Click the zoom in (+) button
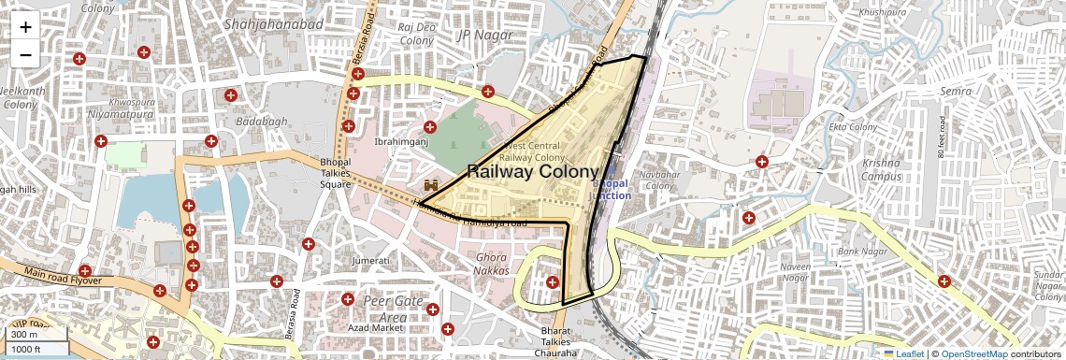point(25,27)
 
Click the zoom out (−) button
point(25,54)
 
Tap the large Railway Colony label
point(531,172)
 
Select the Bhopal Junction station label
point(609,189)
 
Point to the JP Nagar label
point(480,36)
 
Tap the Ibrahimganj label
point(400,142)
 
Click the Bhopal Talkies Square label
point(335,173)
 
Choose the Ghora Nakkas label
point(493,264)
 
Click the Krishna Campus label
point(882,169)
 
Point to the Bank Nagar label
point(860,252)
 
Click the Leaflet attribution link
point(903,353)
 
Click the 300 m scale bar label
point(24,335)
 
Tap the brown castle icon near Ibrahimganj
point(431,186)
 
